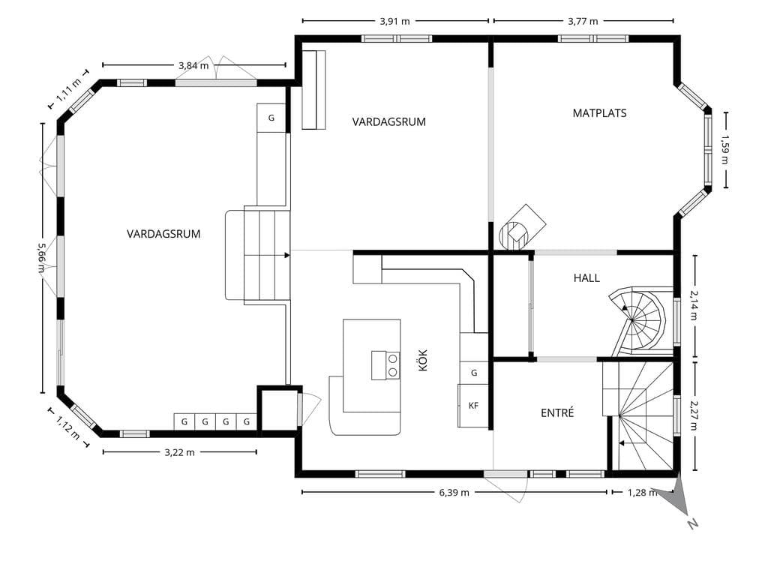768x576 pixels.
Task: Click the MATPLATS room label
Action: (x=599, y=113)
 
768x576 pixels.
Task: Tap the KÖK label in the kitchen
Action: (x=423, y=360)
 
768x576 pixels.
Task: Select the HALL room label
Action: (x=586, y=278)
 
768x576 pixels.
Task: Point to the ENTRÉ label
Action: (x=557, y=413)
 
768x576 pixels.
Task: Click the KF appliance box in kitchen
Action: (x=473, y=406)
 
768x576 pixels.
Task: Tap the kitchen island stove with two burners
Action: (x=386, y=365)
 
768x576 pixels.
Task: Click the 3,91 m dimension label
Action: (x=394, y=21)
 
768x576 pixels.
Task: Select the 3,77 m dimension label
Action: (x=583, y=21)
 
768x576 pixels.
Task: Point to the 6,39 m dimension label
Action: (x=454, y=492)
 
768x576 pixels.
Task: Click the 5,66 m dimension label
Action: (x=42, y=258)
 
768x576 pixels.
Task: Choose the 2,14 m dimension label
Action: (x=694, y=305)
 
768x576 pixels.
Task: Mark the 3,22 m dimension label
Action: (x=179, y=452)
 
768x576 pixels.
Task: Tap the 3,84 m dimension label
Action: (x=193, y=65)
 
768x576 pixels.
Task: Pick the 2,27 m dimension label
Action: (x=694, y=416)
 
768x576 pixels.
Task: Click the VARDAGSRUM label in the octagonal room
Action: (x=163, y=234)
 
